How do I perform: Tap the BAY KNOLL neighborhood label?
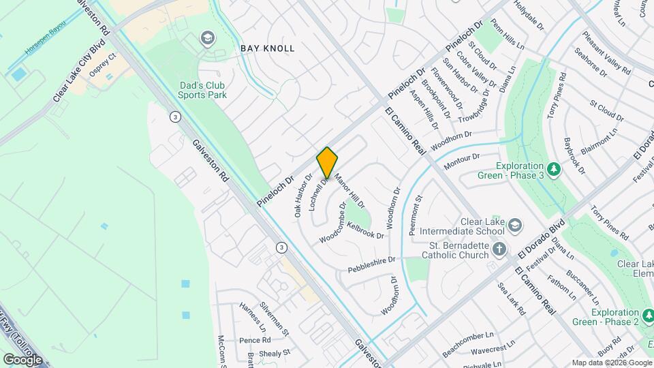268,48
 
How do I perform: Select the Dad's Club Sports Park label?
202,91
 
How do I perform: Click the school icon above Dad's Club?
206,38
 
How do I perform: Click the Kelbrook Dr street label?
366,230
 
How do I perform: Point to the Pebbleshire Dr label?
371,264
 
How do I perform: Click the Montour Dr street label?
462,162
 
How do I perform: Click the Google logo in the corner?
22,359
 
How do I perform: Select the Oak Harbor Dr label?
302,197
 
